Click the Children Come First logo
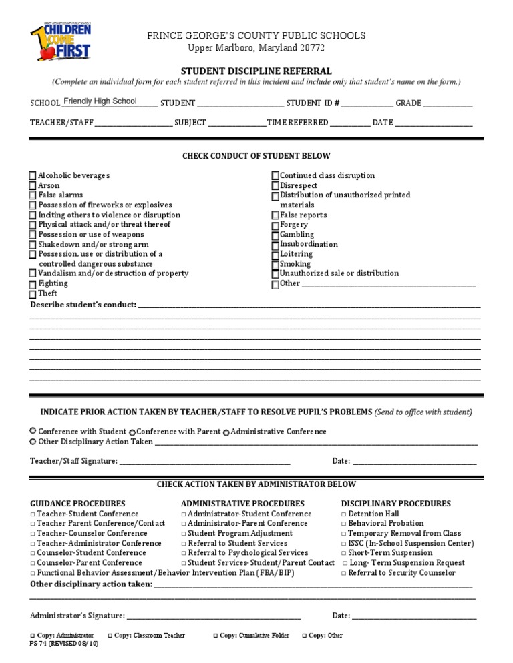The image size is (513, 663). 61,42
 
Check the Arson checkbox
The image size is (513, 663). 33,185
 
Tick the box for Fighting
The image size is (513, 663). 33,285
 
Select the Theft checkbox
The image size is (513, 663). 33,294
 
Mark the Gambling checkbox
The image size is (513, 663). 275,235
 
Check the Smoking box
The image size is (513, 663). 275,265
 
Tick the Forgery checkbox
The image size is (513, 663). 275,225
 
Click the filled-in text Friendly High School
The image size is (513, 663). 100,101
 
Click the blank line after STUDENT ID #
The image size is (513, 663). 367,104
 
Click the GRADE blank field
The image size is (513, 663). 448,104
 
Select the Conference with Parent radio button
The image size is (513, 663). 132,432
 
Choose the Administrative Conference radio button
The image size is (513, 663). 226,432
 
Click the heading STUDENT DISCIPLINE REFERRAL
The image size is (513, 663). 256,71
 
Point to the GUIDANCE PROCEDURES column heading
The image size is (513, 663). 77,504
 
